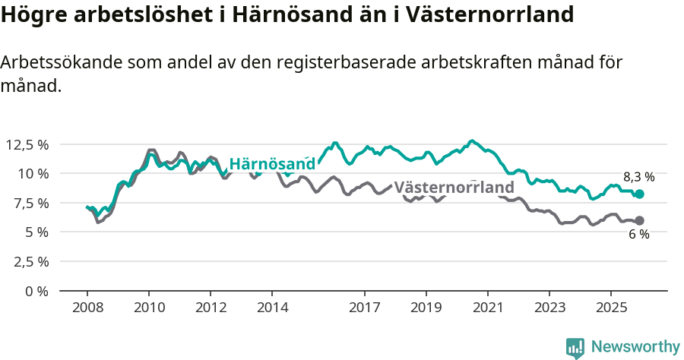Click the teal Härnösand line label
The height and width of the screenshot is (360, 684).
pyautogui.click(x=272, y=164)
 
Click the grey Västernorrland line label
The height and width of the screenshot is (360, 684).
pyautogui.click(x=454, y=187)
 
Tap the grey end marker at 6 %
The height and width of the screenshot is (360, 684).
pyautogui.click(x=639, y=220)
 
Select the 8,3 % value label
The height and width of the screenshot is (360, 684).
pyautogui.click(x=638, y=177)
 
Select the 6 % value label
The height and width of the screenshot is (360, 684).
pyautogui.click(x=638, y=235)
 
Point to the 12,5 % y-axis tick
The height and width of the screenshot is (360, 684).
pyautogui.click(x=27, y=144)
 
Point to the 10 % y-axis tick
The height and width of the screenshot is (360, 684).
pyautogui.click(x=32, y=173)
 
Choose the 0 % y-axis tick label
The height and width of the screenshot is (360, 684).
pyautogui.click(x=36, y=291)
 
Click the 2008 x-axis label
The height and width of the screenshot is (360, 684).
pyautogui.click(x=87, y=308)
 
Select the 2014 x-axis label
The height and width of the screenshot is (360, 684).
pyautogui.click(x=272, y=308)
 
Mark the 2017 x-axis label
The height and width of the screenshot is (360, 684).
pyautogui.click(x=365, y=308)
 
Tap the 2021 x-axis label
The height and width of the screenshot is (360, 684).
pyautogui.click(x=487, y=308)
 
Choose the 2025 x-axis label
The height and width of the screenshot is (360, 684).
pyautogui.click(x=611, y=308)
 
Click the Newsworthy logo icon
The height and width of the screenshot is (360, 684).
pyautogui.click(x=575, y=348)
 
